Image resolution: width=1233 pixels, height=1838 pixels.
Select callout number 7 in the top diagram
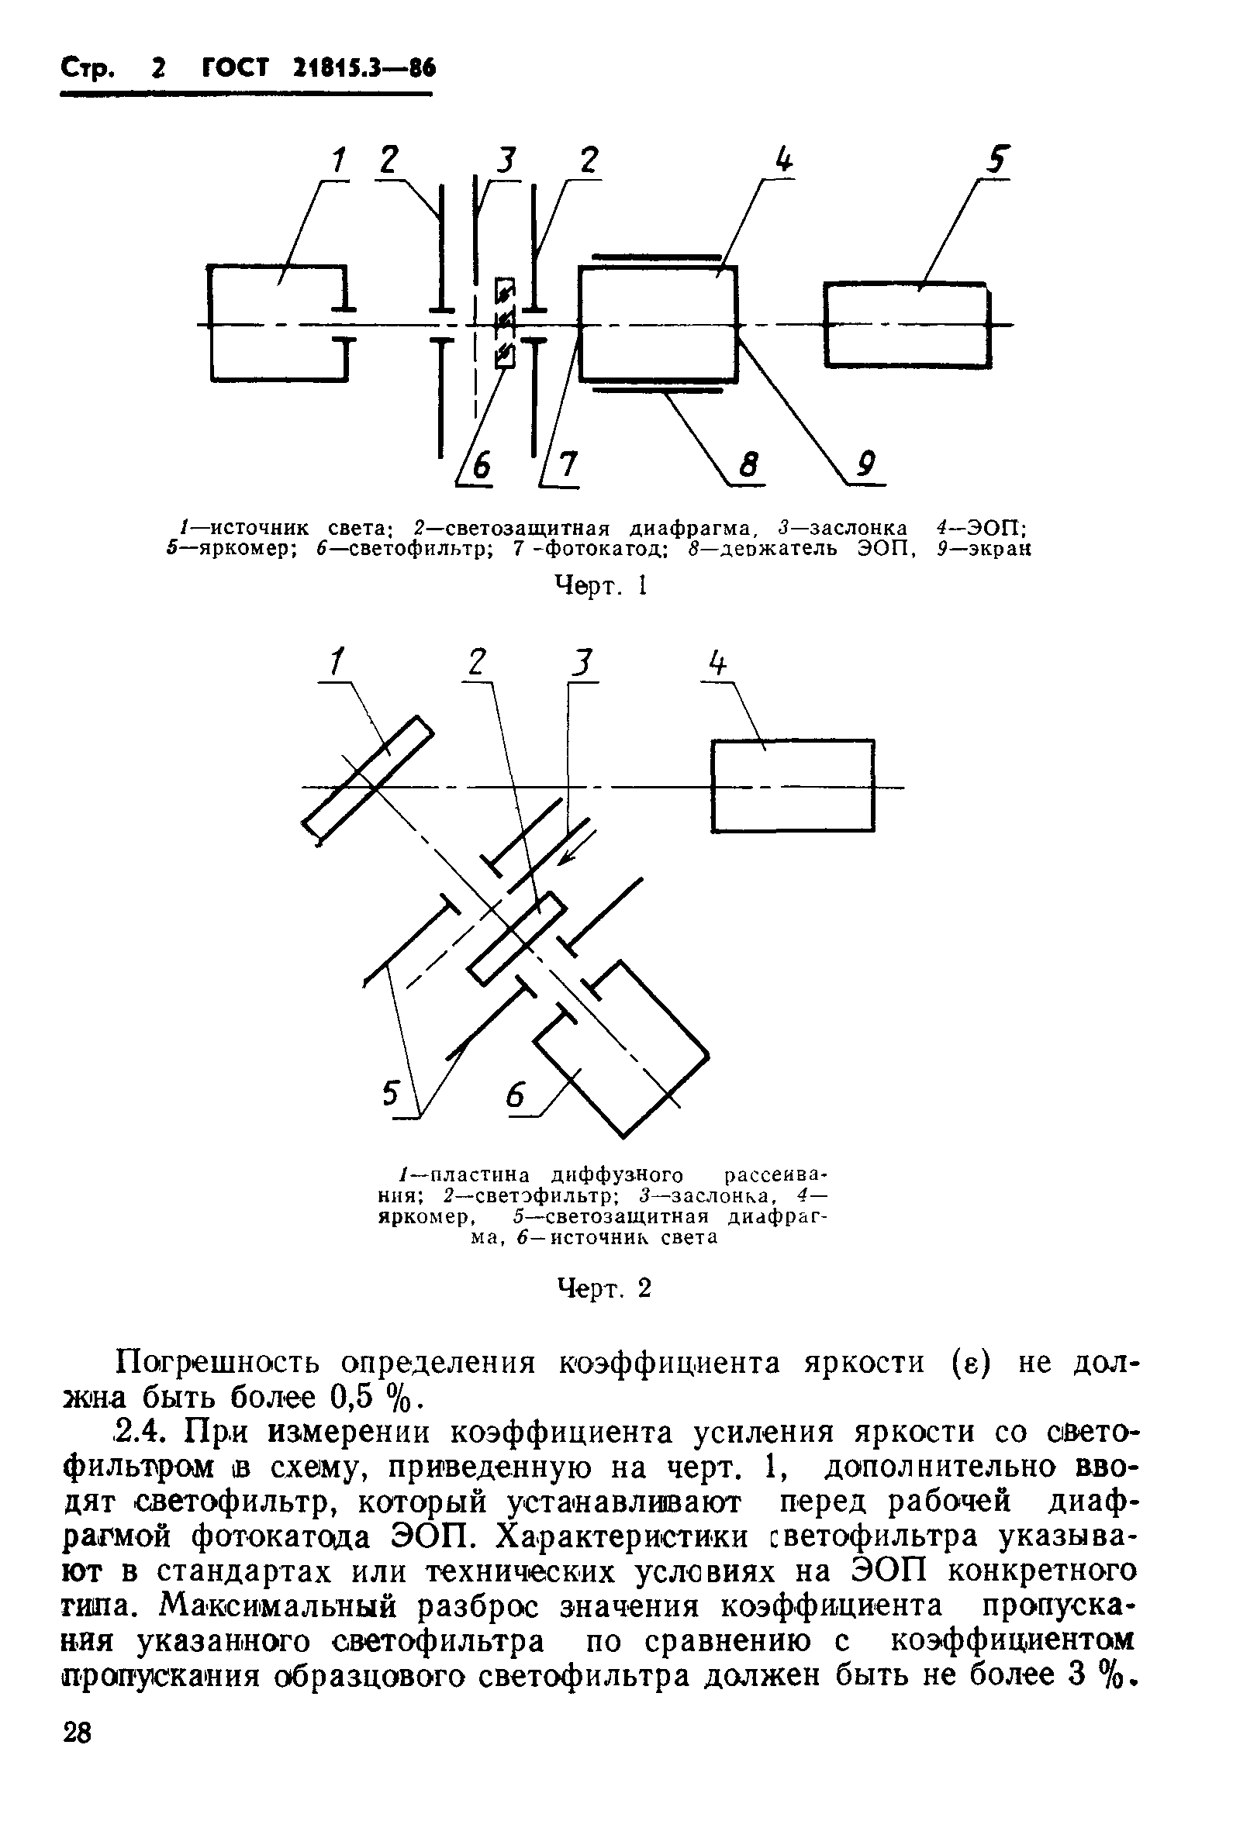click(x=565, y=467)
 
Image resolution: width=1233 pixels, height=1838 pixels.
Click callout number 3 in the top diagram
click(x=509, y=161)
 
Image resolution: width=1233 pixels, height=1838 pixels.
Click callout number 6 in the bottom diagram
click(x=516, y=1095)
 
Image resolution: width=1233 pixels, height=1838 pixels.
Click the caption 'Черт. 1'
click(x=601, y=586)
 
